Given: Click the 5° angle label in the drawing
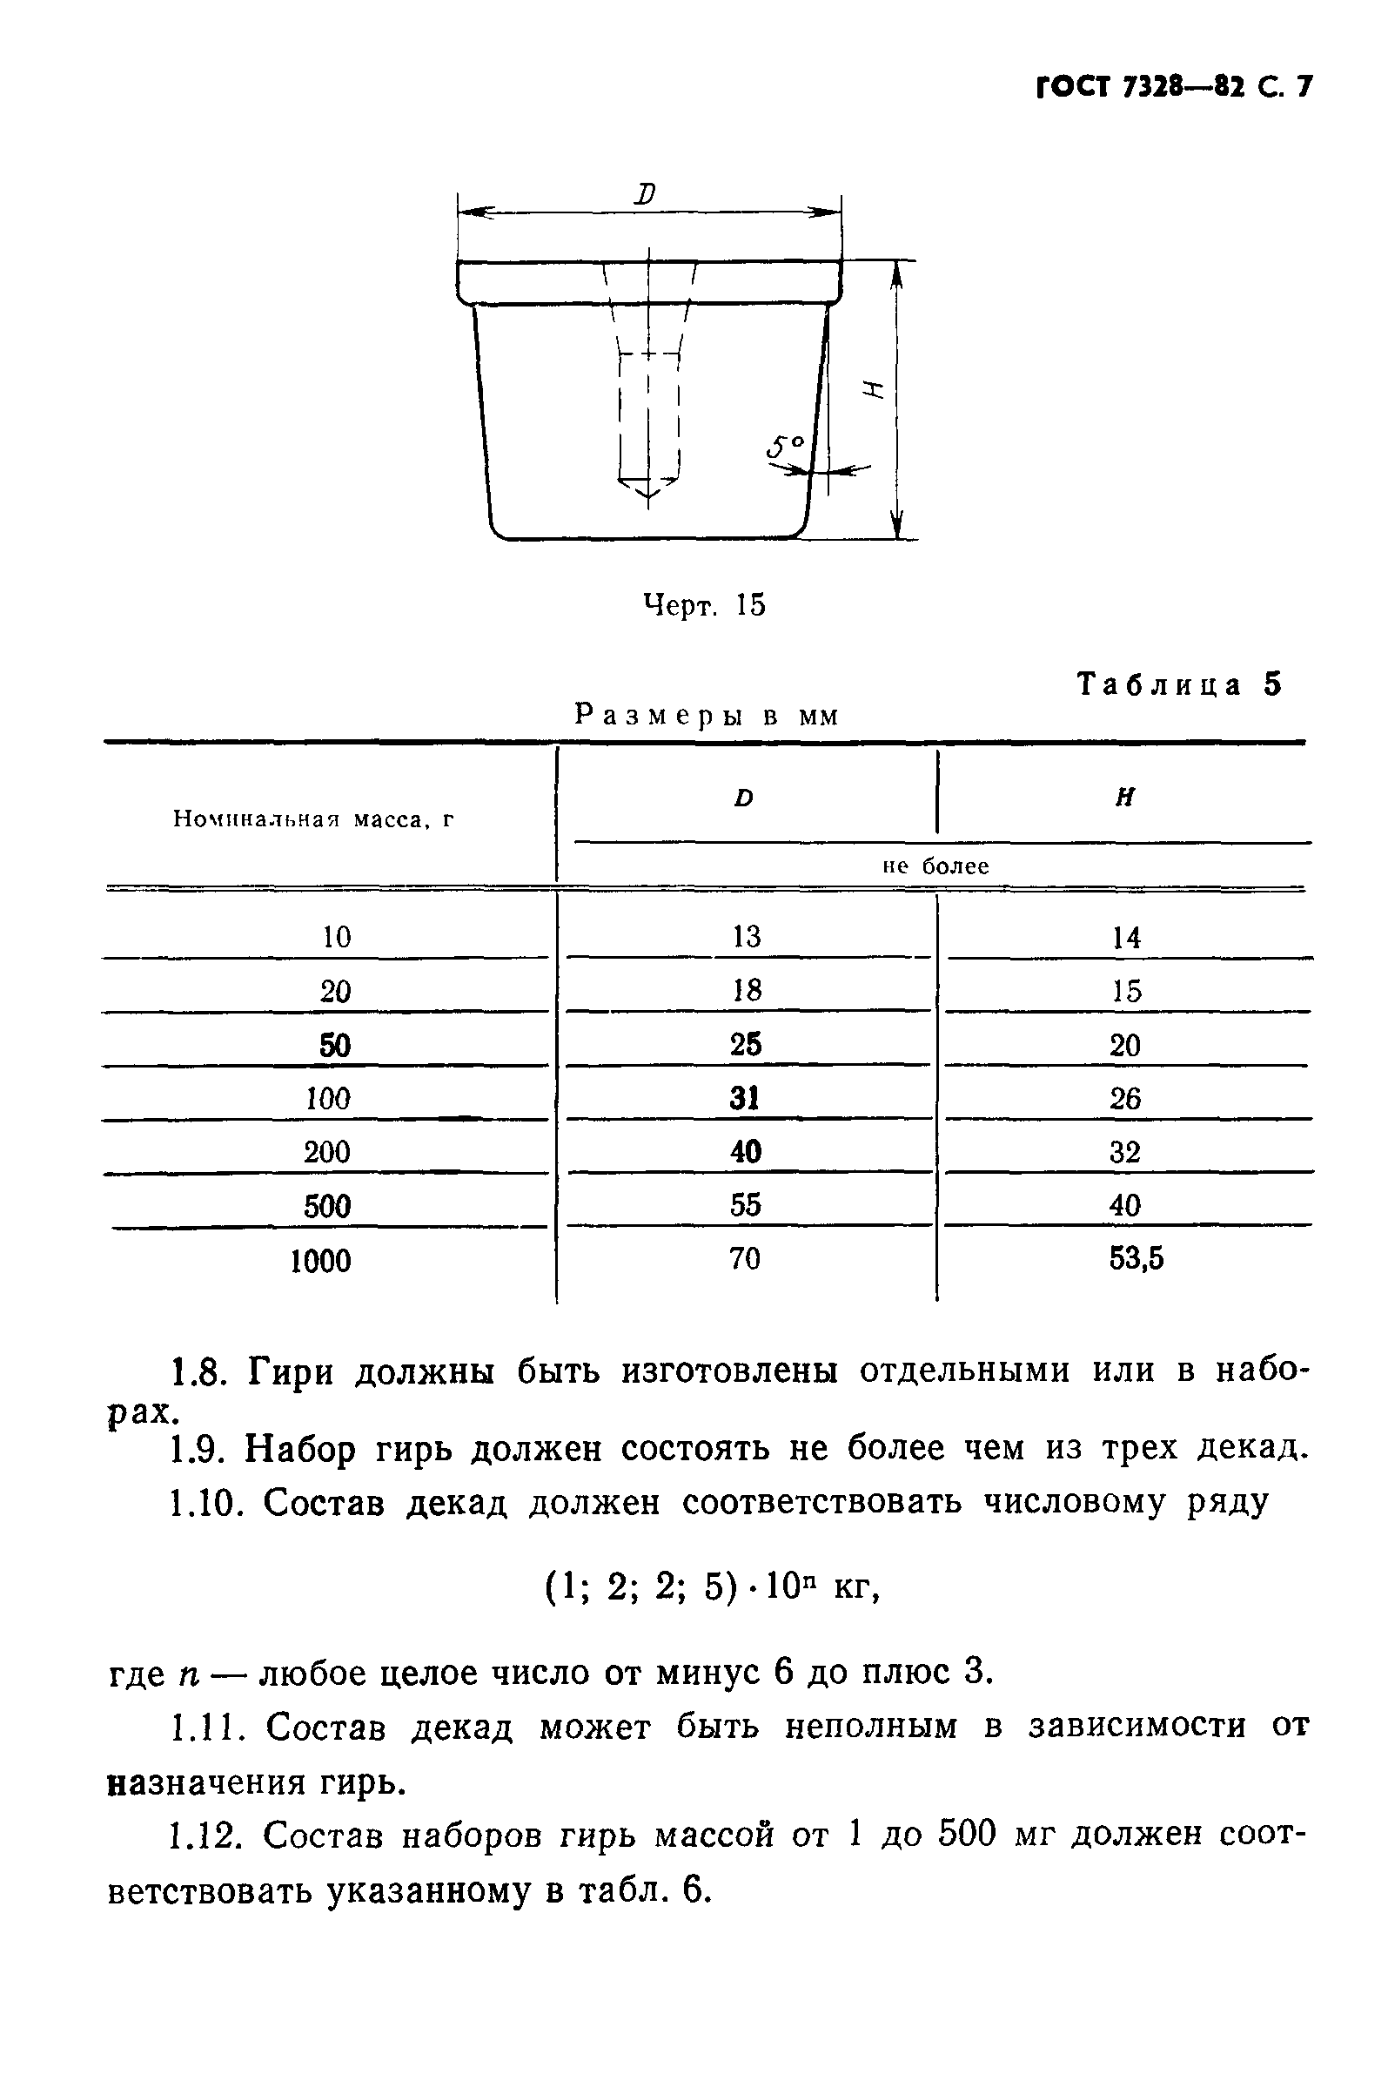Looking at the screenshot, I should (x=786, y=447).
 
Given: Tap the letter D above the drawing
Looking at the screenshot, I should (x=647, y=193).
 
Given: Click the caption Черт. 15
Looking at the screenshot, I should (x=704, y=606).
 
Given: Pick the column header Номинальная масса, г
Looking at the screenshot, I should (x=313, y=819).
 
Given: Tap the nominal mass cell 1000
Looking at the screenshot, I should (x=320, y=1260).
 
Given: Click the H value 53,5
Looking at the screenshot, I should (x=1136, y=1258).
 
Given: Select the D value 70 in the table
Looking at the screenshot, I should (x=744, y=1258).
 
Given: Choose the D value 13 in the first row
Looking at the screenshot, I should (x=747, y=936).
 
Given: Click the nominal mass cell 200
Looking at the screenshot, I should (x=326, y=1152).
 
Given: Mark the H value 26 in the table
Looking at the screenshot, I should (x=1125, y=1099).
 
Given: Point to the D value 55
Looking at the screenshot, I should (x=745, y=1205).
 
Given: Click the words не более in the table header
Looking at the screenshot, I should (x=935, y=866).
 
